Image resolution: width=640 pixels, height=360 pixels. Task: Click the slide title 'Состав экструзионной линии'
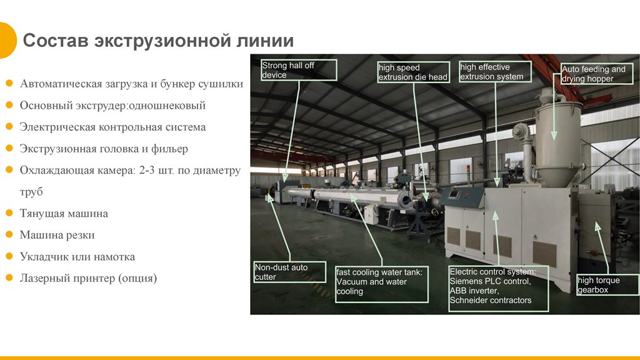pyautogui.click(x=158, y=41)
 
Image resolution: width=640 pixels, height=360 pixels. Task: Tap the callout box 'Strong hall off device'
pyautogui.click(x=299, y=70)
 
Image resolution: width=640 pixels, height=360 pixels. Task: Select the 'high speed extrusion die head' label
pyautogui.click(x=414, y=72)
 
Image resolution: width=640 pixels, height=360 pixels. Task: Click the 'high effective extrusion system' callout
pyautogui.click(x=495, y=72)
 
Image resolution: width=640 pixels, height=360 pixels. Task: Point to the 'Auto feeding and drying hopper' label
pyautogui.click(x=597, y=74)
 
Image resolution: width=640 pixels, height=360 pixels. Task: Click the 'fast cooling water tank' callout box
pyautogui.click(x=382, y=284)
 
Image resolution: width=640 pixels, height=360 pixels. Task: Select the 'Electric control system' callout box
pyautogui.click(x=498, y=289)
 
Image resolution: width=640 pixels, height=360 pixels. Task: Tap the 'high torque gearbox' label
pyautogui.click(x=607, y=285)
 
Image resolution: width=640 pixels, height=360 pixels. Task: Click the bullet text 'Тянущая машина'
pyautogui.click(x=64, y=214)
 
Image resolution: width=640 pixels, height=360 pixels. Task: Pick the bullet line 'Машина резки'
pyautogui.click(x=57, y=235)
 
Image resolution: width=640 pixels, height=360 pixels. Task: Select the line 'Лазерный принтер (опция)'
pyautogui.click(x=89, y=278)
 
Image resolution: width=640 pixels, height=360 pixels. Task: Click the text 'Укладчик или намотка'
pyautogui.click(x=77, y=257)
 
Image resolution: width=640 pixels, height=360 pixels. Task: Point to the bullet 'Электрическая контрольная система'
pyautogui.click(x=113, y=127)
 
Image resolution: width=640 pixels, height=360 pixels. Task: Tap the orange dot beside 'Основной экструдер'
pyautogui.click(x=9, y=105)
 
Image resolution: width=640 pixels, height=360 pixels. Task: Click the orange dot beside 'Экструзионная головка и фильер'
pyautogui.click(x=9, y=148)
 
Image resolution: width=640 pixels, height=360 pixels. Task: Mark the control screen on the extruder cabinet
pyautogui.click(x=454, y=194)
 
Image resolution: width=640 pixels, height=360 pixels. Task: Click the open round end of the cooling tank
pyautogui.click(x=406, y=201)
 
